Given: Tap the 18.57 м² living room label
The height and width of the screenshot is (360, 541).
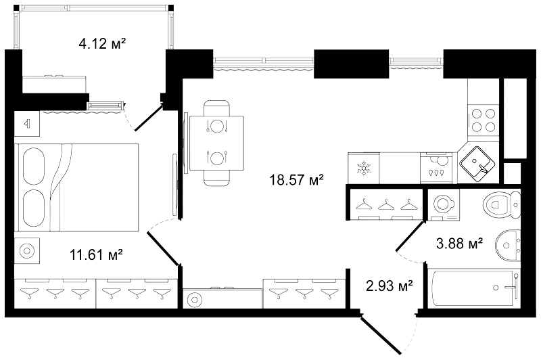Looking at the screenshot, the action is (296, 180).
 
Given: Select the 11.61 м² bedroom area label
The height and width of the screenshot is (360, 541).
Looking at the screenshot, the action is (96, 255).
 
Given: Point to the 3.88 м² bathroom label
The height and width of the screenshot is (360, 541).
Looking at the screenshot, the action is (459, 244).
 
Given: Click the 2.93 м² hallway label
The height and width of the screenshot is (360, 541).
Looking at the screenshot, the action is (390, 286).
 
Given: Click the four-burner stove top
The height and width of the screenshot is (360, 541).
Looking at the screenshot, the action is (484, 120).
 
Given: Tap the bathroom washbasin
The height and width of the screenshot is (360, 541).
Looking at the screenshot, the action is (508, 245).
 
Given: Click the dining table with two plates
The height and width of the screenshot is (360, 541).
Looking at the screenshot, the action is (216, 143).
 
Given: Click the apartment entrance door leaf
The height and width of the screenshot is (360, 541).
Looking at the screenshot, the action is (381, 336).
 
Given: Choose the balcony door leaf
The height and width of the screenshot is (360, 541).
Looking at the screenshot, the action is (149, 117).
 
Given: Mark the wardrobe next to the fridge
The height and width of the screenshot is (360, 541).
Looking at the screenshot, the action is (385, 204).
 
